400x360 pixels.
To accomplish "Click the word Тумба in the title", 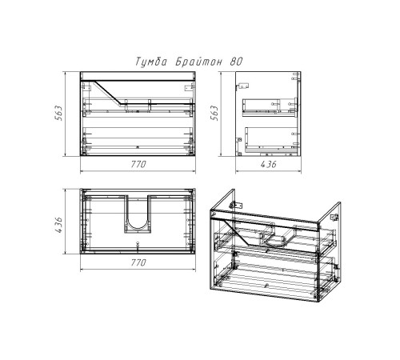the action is click(151, 62).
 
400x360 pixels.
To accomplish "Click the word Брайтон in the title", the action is click(199, 62).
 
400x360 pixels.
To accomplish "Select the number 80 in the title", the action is click(236, 62).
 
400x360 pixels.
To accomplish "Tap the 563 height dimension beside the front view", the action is click(58, 114).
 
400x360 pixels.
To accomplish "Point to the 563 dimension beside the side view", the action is click(214, 114).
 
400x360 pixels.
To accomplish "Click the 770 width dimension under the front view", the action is click(138, 164).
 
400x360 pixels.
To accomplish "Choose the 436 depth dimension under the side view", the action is click(268, 164).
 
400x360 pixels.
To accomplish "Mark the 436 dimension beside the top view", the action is click(58, 225).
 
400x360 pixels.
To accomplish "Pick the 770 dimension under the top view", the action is click(138, 262).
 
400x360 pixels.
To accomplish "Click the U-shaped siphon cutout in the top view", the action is click(138, 231).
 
